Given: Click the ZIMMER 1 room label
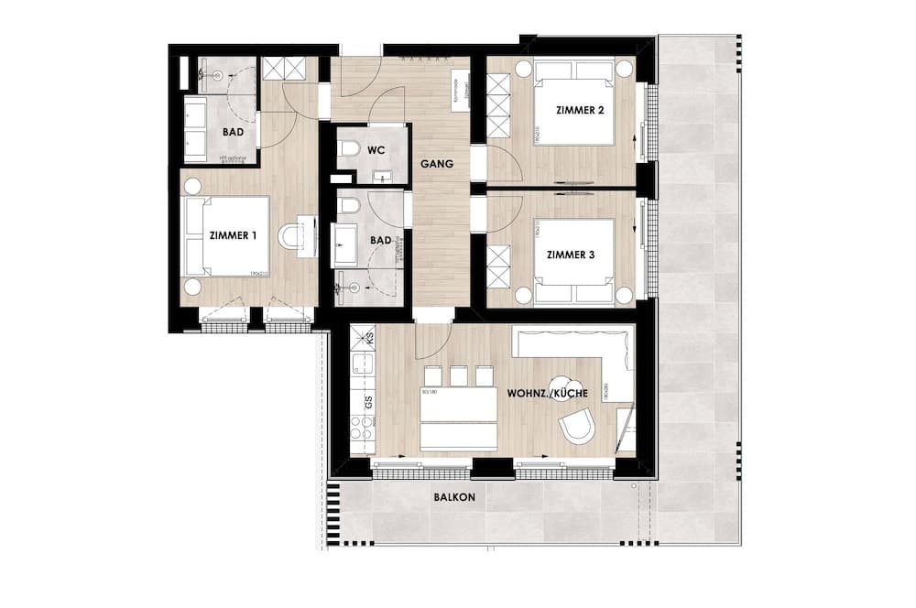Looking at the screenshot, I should click(233, 235).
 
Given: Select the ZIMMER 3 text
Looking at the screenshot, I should click(570, 255).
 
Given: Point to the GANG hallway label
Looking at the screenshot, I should click(437, 165).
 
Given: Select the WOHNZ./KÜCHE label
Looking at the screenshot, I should click(547, 393).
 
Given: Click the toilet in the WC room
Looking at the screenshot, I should click(348, 148).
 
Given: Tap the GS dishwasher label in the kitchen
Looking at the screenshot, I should click(368, 401).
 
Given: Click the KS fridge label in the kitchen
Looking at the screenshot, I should click(369, 339).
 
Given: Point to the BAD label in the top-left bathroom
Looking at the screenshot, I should click(233, 132).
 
